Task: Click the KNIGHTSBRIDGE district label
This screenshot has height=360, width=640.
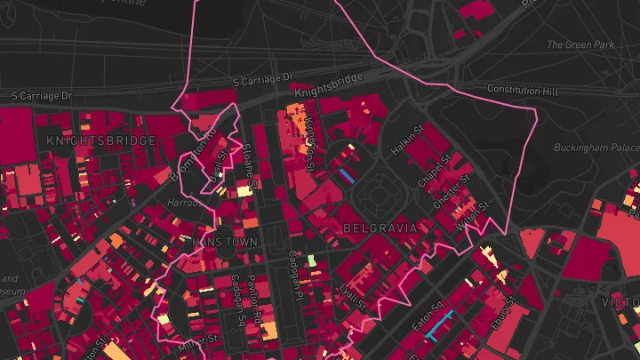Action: tap(100, 140)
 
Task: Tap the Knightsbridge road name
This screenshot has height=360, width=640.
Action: tap(328, 84)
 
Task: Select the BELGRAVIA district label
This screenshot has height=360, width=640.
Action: tap(380, 228)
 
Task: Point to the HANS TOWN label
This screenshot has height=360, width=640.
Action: tap(224, 242)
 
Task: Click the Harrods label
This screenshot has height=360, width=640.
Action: tap(185, 203)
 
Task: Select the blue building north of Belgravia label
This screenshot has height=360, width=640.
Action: tap(348, 176)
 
